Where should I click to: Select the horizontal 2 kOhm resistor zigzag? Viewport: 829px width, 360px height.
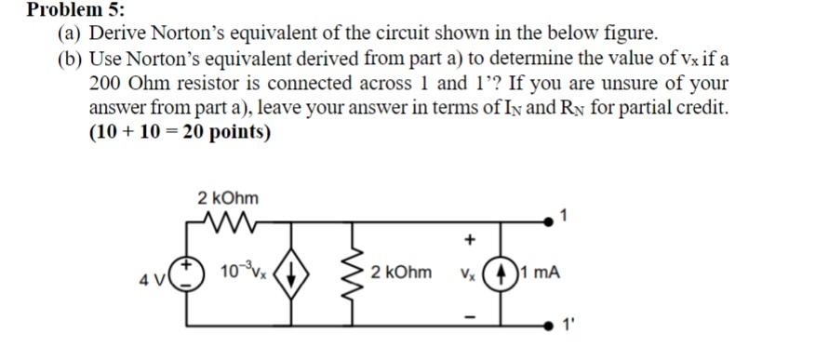point(227,224)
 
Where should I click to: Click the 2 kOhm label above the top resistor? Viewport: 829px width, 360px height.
point(228,198)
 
